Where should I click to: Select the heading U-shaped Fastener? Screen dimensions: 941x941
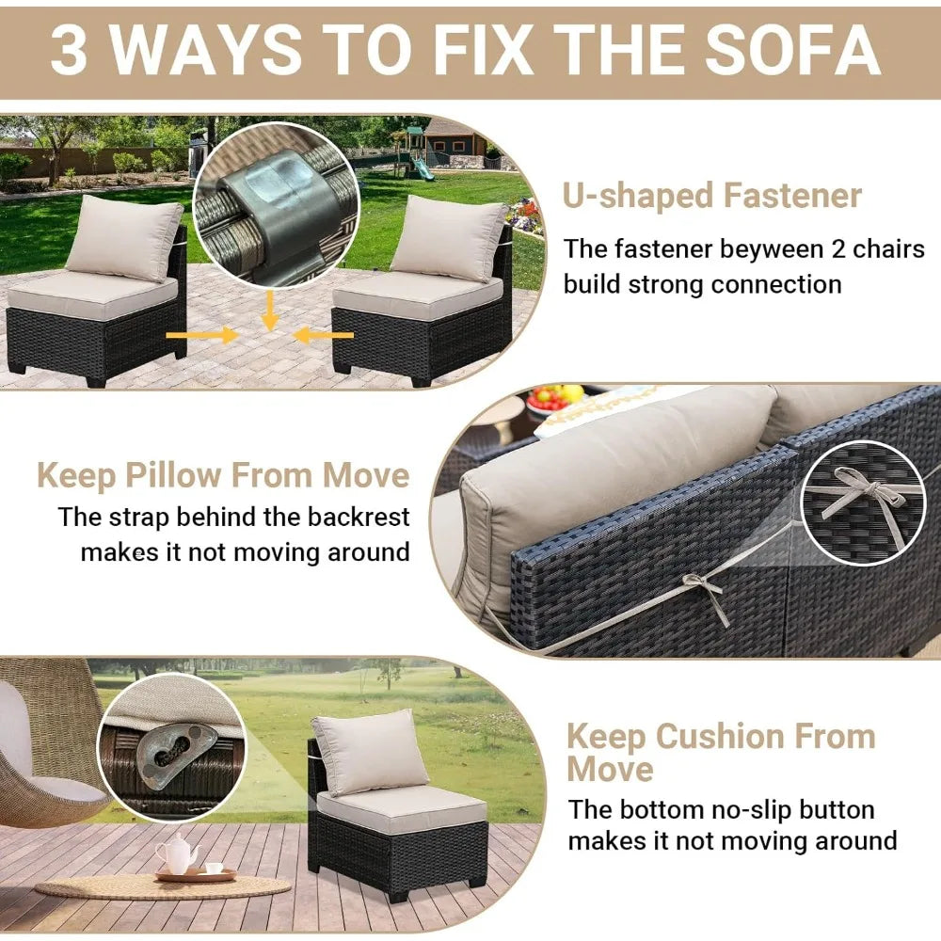pos(712,196)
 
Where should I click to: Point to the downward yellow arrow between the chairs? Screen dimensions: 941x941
pos(270,310)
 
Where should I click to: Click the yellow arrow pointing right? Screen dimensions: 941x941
pos(199,334)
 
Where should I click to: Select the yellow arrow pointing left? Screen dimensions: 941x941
pos(323,334)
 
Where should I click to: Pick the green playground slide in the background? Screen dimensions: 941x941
pos(423,168)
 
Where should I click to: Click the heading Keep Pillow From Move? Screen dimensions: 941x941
pos(223,475)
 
